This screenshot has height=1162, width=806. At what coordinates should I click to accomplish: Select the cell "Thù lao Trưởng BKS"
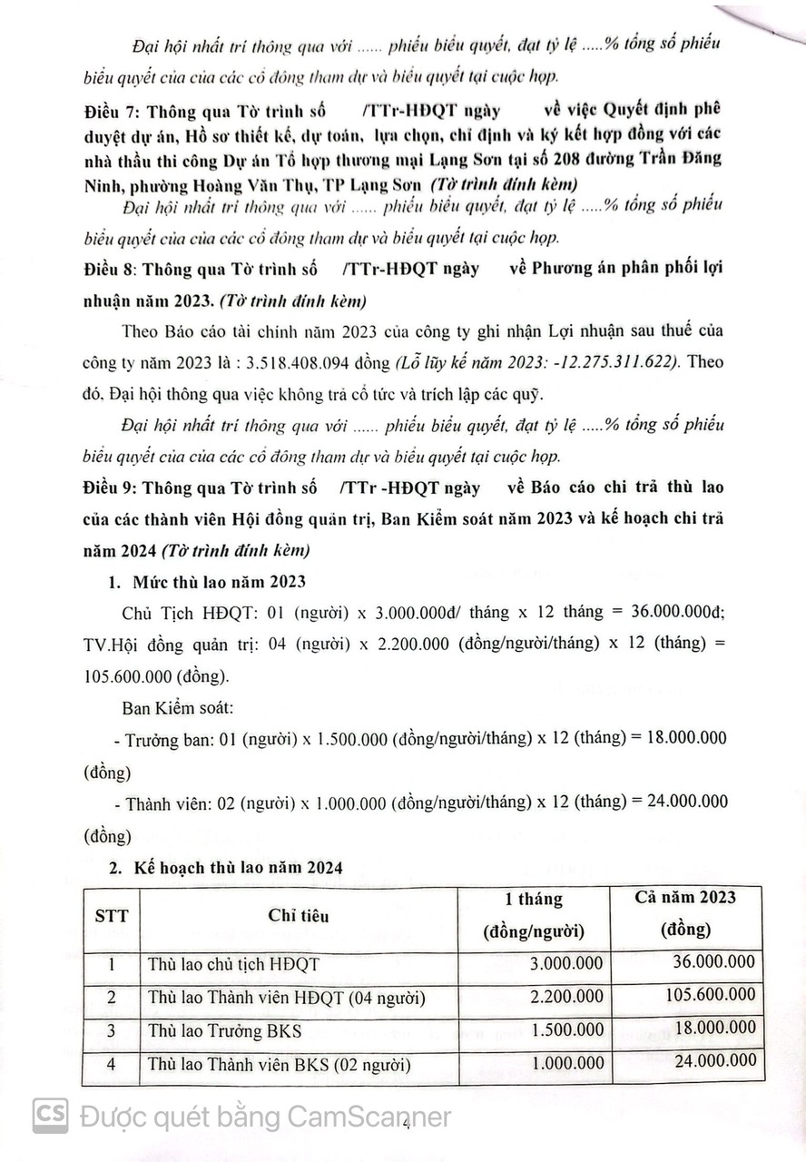(225, 1030)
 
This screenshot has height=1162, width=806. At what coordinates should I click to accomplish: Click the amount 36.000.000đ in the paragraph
(669, 612)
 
